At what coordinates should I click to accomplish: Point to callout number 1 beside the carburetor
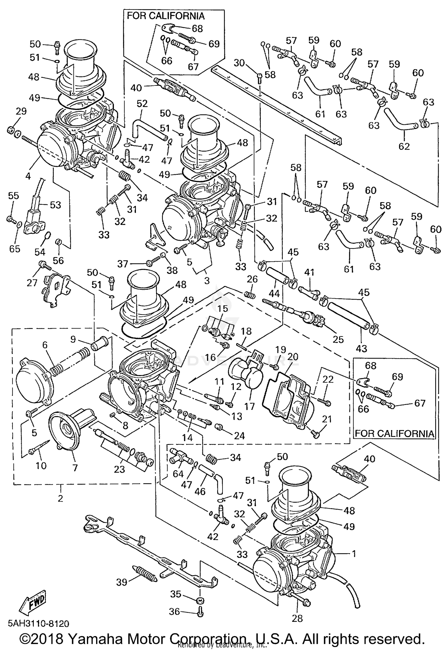coord(353,554)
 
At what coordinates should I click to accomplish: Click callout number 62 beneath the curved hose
coord(404,146)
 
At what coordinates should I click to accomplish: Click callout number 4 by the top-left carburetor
coord(28,176)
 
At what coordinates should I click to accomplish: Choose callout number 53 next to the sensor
coord(55,205)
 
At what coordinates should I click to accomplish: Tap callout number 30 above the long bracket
coord(239,63)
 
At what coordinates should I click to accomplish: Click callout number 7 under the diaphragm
coord(75,468)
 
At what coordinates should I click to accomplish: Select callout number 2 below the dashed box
coord(60,498)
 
